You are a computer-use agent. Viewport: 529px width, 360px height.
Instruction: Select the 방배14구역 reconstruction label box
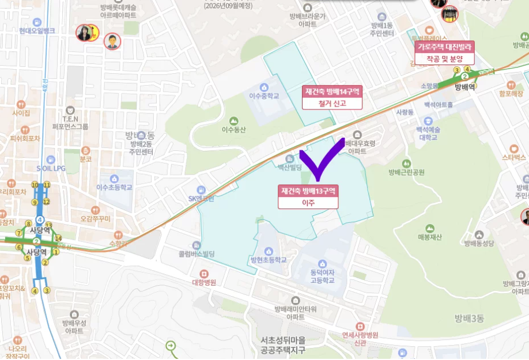332,97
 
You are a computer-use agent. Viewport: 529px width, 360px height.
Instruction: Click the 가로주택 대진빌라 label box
445,52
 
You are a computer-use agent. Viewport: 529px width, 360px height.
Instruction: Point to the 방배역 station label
464,87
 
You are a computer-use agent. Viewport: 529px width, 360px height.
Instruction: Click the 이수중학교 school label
264,96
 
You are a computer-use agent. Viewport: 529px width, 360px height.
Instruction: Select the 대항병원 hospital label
203,283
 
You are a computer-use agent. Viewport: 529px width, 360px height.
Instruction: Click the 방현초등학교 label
269,260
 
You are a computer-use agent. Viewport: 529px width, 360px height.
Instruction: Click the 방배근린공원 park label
406,172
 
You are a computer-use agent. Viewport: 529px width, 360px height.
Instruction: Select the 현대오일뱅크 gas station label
37,30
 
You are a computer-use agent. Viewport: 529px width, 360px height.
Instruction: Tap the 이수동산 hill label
233,130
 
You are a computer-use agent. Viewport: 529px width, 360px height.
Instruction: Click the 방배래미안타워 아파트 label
296,313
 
